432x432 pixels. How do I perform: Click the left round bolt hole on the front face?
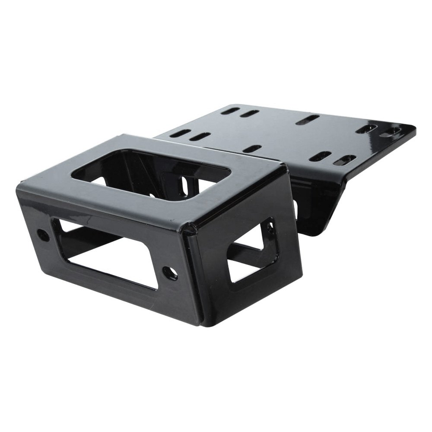point(43,235)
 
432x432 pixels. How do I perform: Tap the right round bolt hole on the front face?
point(169,273)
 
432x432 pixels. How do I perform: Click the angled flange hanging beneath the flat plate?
point(318,203)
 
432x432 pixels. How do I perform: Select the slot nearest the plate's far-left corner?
point(230,111)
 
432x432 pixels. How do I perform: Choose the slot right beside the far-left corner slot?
point(250,114)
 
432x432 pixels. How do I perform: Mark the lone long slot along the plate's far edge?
point(307,120)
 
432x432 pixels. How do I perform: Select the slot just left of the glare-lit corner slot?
point(365,129)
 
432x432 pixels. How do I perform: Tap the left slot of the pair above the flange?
point(320,156)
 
